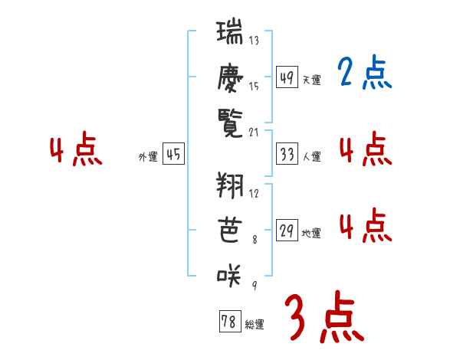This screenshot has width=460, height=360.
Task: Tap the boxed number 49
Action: point(287,77)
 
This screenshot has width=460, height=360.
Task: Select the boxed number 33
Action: point(287,155)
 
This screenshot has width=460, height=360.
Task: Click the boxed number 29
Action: point(287,231)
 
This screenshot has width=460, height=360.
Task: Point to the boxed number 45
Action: point(174,155)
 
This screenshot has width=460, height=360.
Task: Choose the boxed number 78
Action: point(228,322)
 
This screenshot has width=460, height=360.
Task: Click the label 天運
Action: point(311,79)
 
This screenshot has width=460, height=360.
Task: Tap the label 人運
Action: point(311,156)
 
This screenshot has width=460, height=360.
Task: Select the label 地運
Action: point(311,233)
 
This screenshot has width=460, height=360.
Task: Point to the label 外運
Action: point(147,156)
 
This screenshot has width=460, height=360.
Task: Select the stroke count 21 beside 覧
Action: point(254,132)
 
